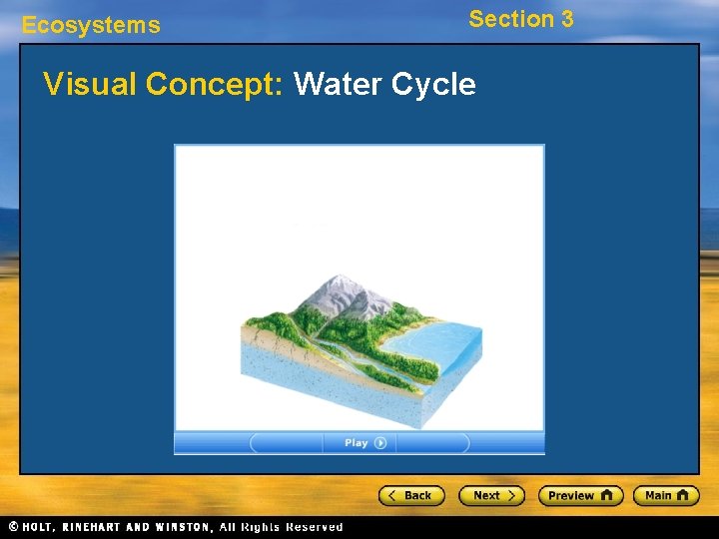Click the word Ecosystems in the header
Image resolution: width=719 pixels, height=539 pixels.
(91, 26)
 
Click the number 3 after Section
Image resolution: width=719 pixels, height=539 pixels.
(566, 19)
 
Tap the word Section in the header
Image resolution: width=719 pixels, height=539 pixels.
(511, 19)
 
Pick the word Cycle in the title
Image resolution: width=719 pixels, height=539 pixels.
(433, 85)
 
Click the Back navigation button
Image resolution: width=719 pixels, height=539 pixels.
(410, 495)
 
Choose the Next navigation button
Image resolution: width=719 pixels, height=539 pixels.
(491, 495)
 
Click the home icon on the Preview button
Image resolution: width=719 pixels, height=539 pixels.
(606, 495)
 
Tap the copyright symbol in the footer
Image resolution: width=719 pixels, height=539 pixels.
(13, 527)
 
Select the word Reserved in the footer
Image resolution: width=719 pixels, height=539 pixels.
(314, 527)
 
